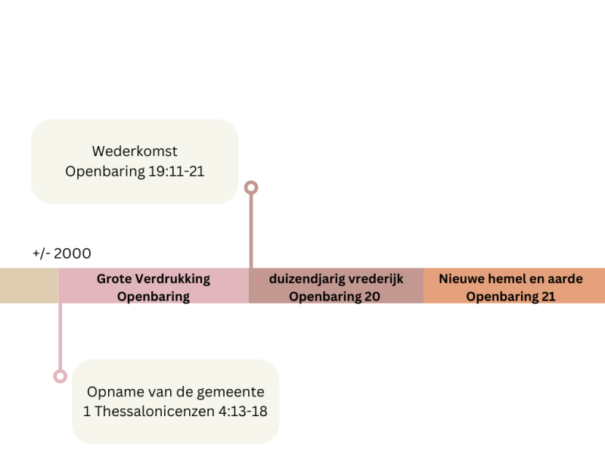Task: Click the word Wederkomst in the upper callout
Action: (135, 151)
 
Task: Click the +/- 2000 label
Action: (62, 253)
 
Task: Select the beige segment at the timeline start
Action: (29, 285)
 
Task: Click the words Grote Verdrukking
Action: (154, 279)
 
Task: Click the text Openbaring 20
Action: (334, 297)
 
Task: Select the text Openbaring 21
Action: (510, 297)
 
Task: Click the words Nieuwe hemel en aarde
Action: (510, 279)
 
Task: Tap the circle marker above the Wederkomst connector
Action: (251, 187)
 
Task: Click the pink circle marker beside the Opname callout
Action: (60, 376)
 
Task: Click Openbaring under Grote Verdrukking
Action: (154, 297)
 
